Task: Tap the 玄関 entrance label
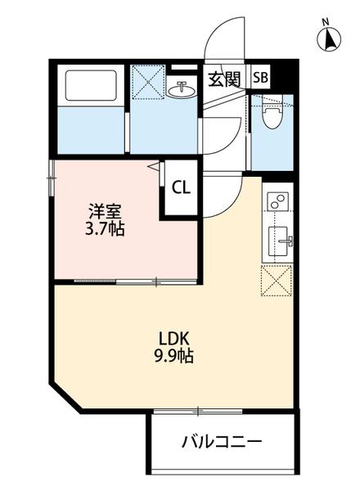coord(223,79)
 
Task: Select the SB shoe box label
coord(260,79)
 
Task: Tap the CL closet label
coord(180,187)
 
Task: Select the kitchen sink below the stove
coord(278,240)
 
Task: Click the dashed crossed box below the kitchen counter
coord(277,281)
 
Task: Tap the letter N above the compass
coord(325,22)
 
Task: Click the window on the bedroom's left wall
coord(52,174)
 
